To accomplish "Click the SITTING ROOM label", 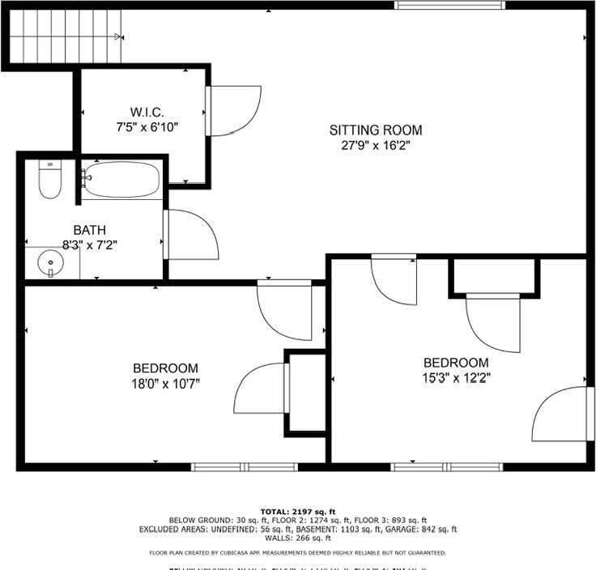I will [375, 130].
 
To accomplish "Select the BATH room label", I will [89, 230].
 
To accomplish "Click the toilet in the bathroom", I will [50, 181].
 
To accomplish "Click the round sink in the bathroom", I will [51, 263].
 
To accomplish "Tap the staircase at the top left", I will [65, 36].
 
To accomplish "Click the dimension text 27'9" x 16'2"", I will [375, 146].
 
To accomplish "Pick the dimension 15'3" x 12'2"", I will [456, 377].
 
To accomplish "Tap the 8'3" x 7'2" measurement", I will [89, 245].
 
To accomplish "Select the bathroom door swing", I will [191, 235].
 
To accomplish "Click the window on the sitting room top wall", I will [449, 5].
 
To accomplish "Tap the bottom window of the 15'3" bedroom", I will [446, 466].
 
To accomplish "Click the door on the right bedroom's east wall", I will [561, 414].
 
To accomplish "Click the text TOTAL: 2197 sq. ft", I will [297, 512].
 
